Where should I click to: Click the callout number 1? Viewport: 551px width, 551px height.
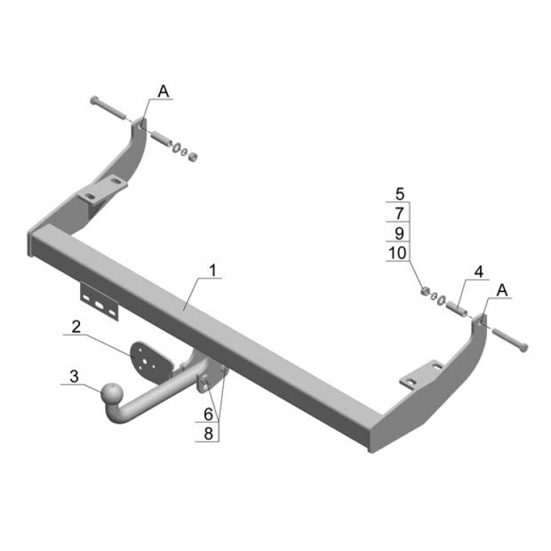pos(212,271)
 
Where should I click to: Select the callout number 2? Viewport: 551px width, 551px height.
pos(76,327)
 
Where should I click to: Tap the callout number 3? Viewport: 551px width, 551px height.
pos(74,376)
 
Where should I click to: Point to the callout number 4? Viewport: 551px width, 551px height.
pos(479,272)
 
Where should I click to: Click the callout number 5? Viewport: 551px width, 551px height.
pos(400,194)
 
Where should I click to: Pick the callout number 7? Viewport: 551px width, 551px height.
pos(400,214)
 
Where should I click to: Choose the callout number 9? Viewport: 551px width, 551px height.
pos(400,233)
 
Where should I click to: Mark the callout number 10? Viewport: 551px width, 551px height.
pos(398,253)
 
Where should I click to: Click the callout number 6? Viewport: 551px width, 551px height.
pos(208,415)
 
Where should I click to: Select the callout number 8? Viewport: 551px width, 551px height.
pos(208,434)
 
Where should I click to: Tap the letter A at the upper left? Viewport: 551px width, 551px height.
pos(164,92)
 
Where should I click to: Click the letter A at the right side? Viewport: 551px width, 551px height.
pos(503,291)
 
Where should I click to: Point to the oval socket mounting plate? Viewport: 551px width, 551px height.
pos(151,361)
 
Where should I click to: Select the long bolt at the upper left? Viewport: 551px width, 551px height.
pos(108,108)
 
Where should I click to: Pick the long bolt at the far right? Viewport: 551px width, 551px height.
pos(510,340)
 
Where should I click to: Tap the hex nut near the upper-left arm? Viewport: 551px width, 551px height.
pos(192,156)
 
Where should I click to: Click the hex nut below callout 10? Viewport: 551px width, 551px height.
pos(426,291)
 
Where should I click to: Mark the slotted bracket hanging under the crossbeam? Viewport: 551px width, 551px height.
pos(100,302)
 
